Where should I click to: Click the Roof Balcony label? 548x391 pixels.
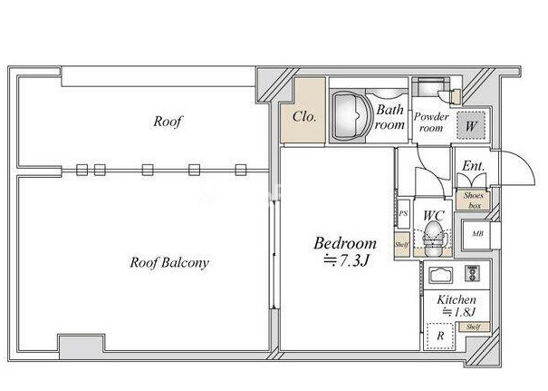click(x=169, y=262)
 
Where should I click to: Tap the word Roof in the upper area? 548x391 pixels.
click(x=168, y=122)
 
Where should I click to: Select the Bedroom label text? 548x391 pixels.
click(x=345, y=243)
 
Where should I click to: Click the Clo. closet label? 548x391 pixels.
click(x=304, y=116)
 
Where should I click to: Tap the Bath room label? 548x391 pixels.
click(x=389, y=117)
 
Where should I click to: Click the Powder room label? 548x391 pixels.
click(x=431, y=122)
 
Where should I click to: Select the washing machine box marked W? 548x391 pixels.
click(x=471, y=125)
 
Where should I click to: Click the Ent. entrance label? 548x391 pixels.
click(x=473, y=166)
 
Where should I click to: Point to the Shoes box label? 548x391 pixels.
click(x=474, y=200)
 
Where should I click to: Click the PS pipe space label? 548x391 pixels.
click(x=403, y=213)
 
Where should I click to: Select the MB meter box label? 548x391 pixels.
click(x=477, y=233)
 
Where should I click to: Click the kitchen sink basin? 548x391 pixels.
click(x=440, y=276)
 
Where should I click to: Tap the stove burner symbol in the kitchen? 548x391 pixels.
click(x=472, y=273)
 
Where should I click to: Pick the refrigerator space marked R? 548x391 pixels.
click(x=440, y=336)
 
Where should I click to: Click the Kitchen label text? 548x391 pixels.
click(x=457, y=300)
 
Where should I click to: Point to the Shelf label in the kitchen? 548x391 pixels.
click(x=473, y=327)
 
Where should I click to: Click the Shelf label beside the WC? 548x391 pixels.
click(x=401, y=245)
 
